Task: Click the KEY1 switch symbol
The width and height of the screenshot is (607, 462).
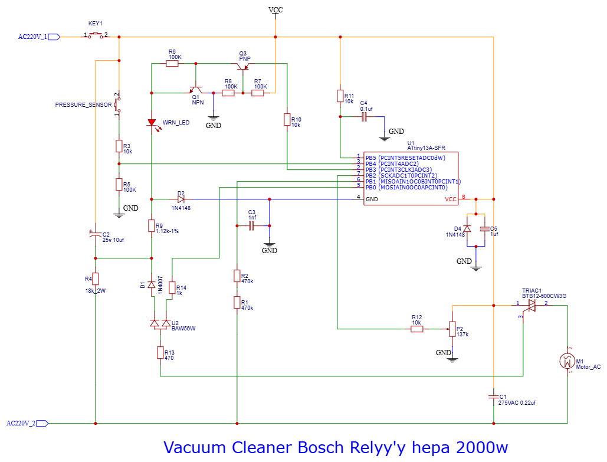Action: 96,37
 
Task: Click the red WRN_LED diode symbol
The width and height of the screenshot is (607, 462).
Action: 152,123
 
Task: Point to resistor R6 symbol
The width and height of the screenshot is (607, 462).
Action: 172,63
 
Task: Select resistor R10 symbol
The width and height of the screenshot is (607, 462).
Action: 287,120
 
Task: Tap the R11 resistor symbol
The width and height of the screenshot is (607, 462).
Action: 340,96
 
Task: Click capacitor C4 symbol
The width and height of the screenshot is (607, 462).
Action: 364,117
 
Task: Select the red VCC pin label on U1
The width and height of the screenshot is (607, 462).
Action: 451,199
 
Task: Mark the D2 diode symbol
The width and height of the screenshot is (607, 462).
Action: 181,199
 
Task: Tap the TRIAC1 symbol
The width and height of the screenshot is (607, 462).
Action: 531,305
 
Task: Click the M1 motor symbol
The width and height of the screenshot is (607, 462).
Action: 567,361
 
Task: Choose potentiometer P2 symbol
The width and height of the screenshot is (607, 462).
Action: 452,329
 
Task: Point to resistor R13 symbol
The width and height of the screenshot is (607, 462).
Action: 160,352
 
